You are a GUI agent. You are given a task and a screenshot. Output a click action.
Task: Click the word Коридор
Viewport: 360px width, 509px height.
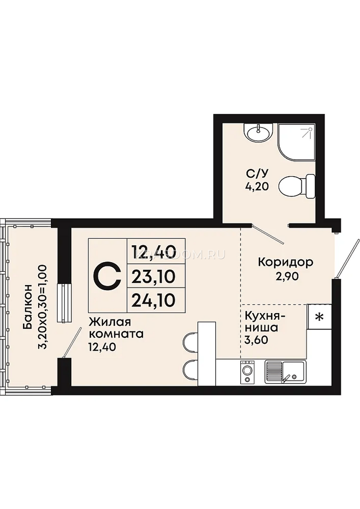[286, 263]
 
